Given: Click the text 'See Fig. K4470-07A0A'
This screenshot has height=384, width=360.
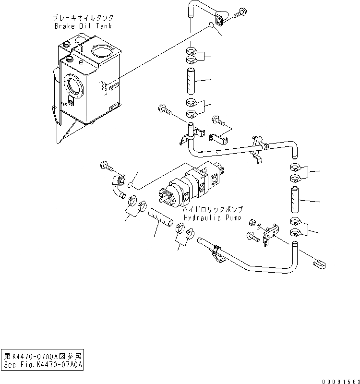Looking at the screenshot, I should (x=43, y=364).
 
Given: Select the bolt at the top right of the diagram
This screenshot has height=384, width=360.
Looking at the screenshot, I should (x=240, y=14).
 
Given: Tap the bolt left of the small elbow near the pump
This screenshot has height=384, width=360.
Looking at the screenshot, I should (x=107, y=166).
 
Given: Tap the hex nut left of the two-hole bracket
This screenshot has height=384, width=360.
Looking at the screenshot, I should (x=251, y=224).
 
